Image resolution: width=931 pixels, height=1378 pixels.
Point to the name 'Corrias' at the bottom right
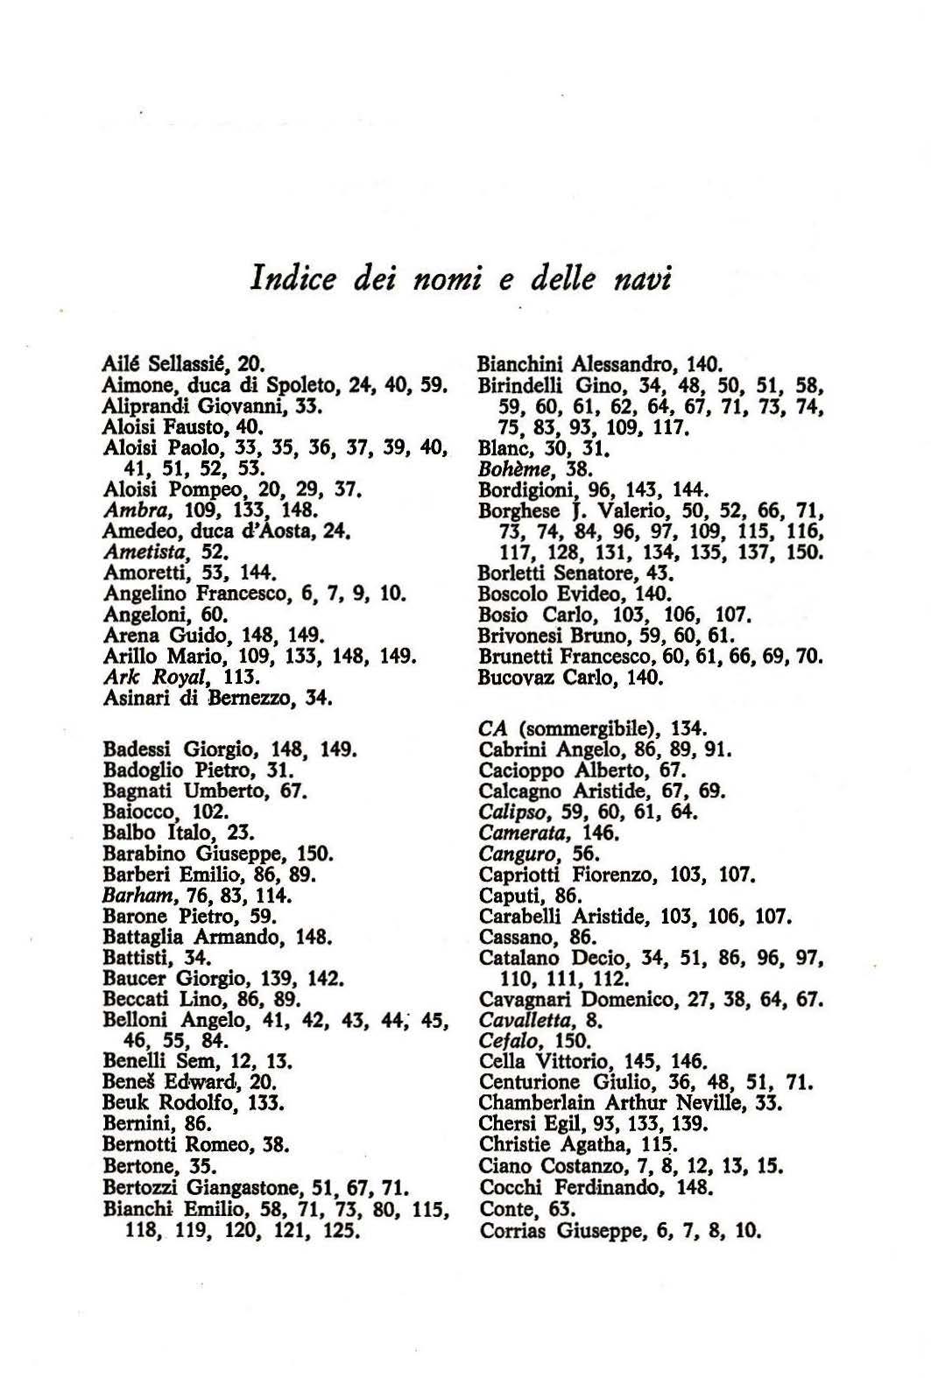[513, 1231]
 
